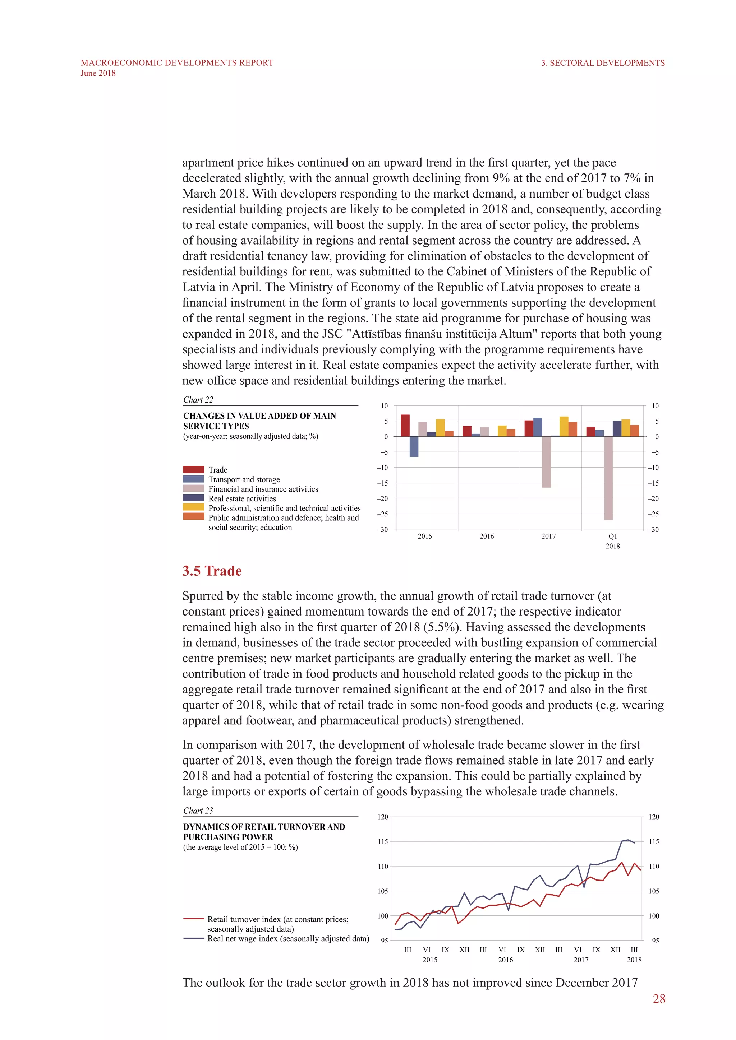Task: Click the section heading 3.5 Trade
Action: [x=212, y=571]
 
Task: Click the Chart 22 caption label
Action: [x=198, y=399]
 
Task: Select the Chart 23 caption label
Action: [x=198, y=811]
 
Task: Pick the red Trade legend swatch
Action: [x=193, y=470]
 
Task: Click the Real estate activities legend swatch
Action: [x=193, y=498]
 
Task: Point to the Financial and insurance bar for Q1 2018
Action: [x=608, y=478]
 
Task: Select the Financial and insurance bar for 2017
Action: [x=546, y=462]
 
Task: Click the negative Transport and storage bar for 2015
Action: [x=414, y=447]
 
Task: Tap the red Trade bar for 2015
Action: [x=405, y=426]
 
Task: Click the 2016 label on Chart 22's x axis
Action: [x=487, y=536]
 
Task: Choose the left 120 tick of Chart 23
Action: [x=383, y=817]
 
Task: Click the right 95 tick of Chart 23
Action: [x=655, y=941]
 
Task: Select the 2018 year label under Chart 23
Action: [x=634, y=960]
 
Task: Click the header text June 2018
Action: [x=98, y=73]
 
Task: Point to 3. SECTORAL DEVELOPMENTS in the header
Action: [x=603, y=63]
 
